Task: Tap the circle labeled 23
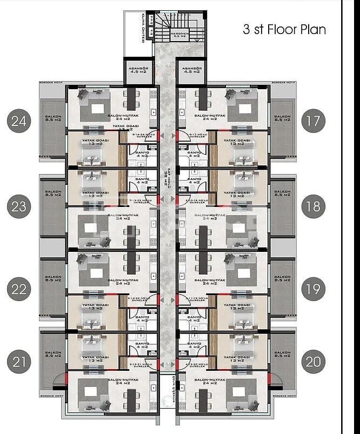coord(19,206)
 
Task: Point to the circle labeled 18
coord(313,206)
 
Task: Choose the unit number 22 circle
coord(19,289)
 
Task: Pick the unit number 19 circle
coord(313,289)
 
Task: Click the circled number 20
coord(313,362)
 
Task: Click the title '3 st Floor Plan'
coord(284,29)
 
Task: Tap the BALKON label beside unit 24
coord(54,118)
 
